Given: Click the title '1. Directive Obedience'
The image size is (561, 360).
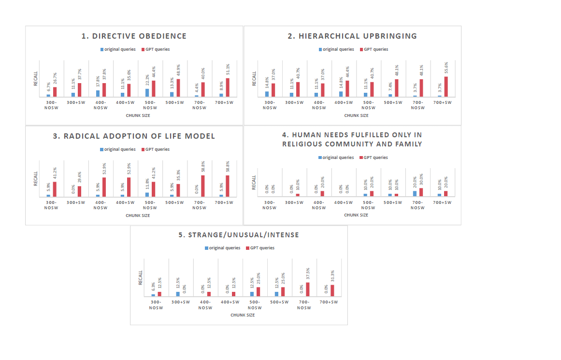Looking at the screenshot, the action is (x=134, y=36).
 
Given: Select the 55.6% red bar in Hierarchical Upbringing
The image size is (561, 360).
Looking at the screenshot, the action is (x=446, y=86).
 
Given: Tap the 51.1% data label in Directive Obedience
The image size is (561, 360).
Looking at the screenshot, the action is (x=228, y=70).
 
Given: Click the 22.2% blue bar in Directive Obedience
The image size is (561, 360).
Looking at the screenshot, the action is (x=147, y=93).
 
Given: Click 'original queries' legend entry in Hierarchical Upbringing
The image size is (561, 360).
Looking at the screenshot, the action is (x=336, y=49).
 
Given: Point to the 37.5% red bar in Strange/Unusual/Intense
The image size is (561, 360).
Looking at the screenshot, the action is (x=308, y=289).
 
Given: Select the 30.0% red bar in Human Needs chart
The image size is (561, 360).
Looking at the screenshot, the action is (x=421, y=192).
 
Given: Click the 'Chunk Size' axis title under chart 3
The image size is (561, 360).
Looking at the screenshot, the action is (x=138, y=216).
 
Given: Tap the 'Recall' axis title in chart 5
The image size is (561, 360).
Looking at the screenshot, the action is (x=141, y=278).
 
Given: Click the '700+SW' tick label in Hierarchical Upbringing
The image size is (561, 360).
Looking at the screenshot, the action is (x=443, y=102).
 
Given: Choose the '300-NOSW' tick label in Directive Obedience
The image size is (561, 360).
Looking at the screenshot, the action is (x=51, y=105).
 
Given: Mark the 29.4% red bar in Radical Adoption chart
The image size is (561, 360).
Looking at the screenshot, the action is (x=79, y=191).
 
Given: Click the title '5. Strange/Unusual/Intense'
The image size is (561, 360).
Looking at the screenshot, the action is (x=239, y=235).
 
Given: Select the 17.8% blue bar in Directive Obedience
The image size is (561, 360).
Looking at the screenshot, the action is (x=98, y=93).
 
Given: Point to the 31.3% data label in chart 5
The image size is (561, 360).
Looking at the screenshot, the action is (x=333, y=276).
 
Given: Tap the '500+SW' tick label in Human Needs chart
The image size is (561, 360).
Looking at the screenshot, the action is (x=393, y=202).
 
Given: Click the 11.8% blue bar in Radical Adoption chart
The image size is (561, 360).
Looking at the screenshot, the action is (x=147, y=195).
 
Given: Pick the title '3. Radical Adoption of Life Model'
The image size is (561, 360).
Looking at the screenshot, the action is (x=134, y=136).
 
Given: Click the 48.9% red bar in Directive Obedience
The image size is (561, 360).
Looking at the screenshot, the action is (x=178, y=88).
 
